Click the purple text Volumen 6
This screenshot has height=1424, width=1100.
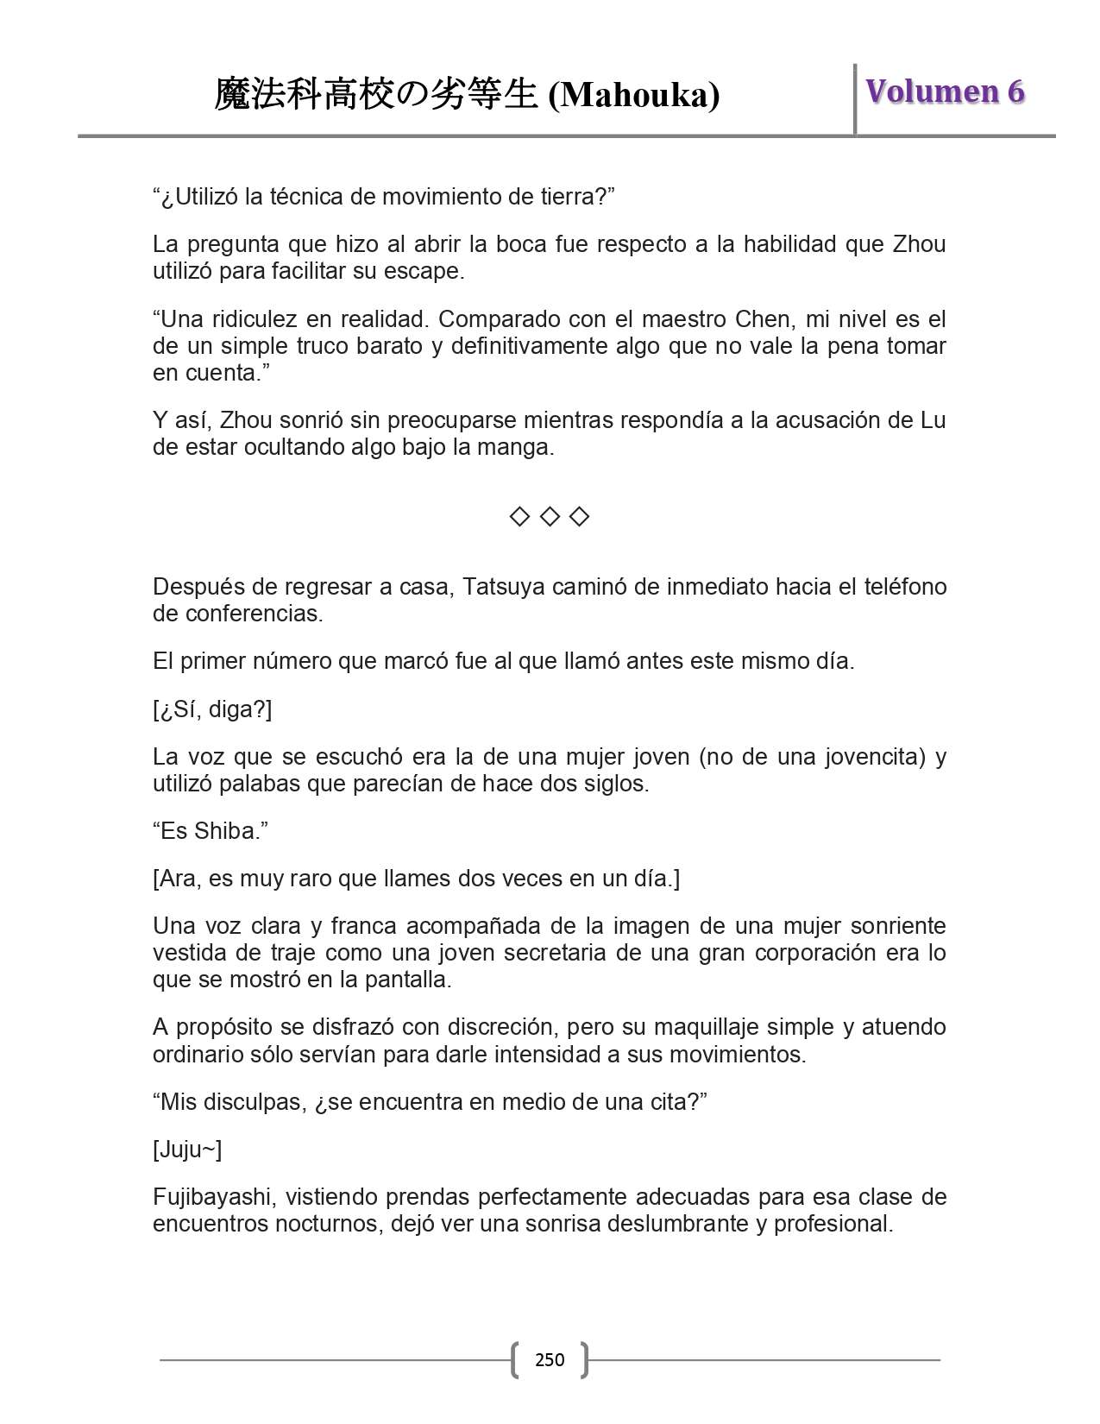click(945, 91)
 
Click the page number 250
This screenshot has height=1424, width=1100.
click(550, 1360)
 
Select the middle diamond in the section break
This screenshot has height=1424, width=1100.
click(550, 517)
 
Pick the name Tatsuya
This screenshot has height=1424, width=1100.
click(504, 587)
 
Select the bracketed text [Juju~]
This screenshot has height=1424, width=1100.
click(187, 1150)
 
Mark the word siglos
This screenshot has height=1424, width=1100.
click(614, 784)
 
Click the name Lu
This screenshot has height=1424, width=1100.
click(933, 420)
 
